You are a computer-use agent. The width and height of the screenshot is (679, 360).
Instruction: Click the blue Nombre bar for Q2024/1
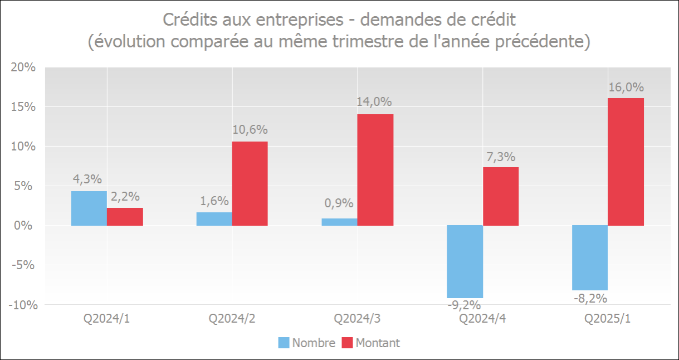pyautogui.click(x=89, y=208)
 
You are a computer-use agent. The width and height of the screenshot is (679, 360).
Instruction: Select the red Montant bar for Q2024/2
pyautogui.click(x=250, y=183)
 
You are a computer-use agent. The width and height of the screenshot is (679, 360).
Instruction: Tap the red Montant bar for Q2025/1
pyautogui.click(x=626, y=162)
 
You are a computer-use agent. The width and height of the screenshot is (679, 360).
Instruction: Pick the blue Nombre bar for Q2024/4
pyautogui.click(x=465, y=261)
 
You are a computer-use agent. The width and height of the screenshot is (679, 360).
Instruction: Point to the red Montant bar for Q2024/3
pyautogui.click(x=375, y=170)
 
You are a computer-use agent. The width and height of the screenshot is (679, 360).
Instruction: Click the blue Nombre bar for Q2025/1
pyautogui.click(x=590, y=257)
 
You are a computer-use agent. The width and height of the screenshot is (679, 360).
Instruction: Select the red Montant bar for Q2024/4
pyautogui.click(x=501, y=196)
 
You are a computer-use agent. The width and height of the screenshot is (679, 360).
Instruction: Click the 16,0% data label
pyautogui.click(x=626, y=87)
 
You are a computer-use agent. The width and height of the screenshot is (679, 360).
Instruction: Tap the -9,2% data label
pyautogui.click(x=464, y=305)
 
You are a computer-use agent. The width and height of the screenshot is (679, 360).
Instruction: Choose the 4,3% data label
pyautogui.click(x=87, y=179)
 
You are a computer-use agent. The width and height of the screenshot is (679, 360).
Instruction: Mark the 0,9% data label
pyautogui.click(x=339, y=203)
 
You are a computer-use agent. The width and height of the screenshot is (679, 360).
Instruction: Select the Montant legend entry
pyautogui.click(x=377, y=343)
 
